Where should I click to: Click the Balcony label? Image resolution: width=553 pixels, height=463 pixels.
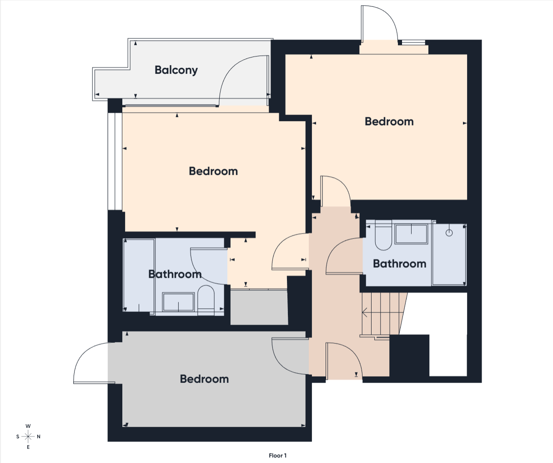tap(176, 70)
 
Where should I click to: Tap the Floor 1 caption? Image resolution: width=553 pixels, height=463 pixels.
tap(277, 456)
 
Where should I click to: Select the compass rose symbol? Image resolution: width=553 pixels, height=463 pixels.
tap(28, 437)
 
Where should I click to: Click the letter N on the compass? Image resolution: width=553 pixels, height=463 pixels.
tap(39, 437)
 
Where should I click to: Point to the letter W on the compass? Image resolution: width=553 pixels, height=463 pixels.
tap(28, 426)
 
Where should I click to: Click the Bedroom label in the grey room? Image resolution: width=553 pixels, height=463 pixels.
tap(204, 379)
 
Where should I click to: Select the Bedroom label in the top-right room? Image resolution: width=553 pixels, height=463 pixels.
tap(389, 122)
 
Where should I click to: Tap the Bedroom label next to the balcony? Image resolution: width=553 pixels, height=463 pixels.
tap(213, 171)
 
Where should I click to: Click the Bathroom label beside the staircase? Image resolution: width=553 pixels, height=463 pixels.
tap(399, 264)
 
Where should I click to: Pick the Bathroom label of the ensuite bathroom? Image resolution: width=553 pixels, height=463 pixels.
tap(175, 274)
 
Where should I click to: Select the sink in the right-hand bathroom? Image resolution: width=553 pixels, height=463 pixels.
tap(411, 234)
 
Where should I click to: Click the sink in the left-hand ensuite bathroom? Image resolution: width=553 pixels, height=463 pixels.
tap(178, 302)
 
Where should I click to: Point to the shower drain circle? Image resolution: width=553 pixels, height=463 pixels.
tap(449, 233)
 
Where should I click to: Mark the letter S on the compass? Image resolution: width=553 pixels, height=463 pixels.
tap(18, 437)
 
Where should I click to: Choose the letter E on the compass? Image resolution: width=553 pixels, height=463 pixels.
tap(28, 447)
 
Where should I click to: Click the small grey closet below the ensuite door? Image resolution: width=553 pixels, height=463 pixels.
tap(259, 307)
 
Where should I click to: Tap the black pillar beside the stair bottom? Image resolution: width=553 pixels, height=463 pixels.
tap(409, 356)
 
